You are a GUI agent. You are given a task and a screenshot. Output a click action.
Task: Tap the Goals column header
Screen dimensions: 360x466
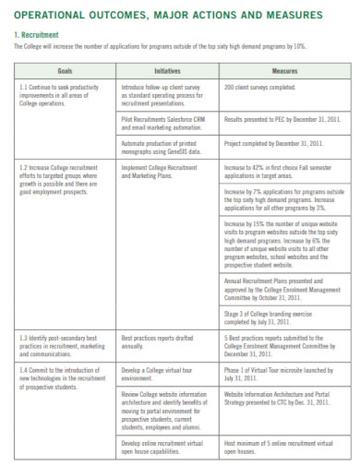pos(66,70)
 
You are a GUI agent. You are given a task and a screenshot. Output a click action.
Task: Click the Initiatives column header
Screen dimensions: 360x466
pos(166,70)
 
